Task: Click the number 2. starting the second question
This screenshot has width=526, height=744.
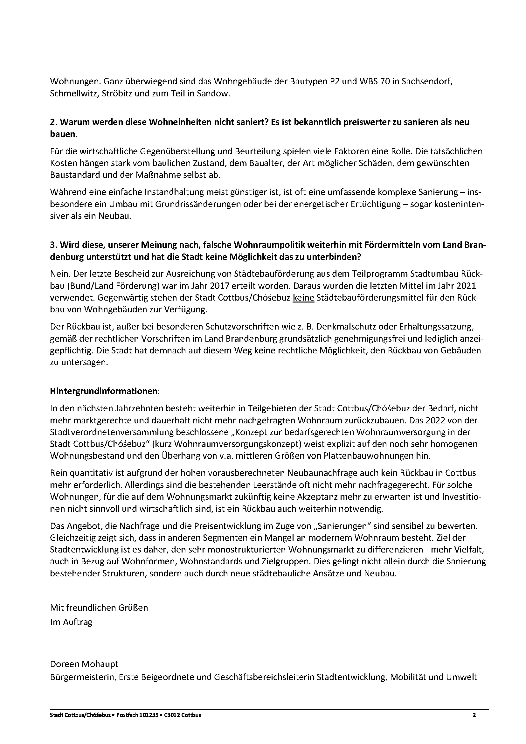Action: [x=53, y=122]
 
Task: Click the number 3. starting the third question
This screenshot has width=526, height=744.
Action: [x=53, y=245]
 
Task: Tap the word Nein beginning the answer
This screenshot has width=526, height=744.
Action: [x=59, y=274]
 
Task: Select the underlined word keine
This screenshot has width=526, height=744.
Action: [x=303, y=298]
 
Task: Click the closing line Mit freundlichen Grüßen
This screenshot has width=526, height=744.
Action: [x=99, y=608]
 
